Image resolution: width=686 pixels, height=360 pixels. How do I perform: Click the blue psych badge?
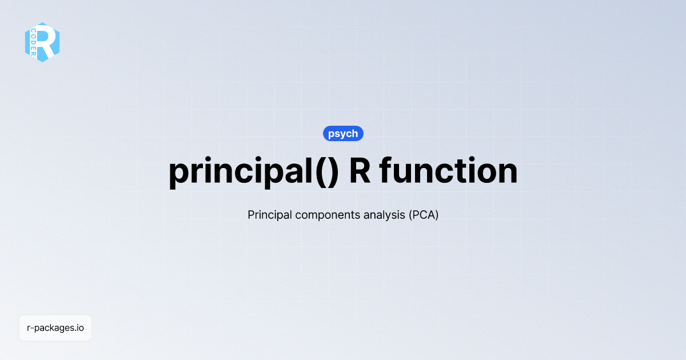pyautogui.click(x=343, y=134)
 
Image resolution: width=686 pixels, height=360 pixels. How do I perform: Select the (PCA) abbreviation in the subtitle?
pyautogui.click(x=423, y=215)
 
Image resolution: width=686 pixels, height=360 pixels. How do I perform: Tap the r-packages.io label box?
pyautogui.click(x=55, y=328)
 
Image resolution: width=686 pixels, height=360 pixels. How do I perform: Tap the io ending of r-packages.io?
pyautogui.click(x=80, y=328)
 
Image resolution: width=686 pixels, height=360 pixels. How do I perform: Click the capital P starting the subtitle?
pyautogui.click(x=251, y=215)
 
